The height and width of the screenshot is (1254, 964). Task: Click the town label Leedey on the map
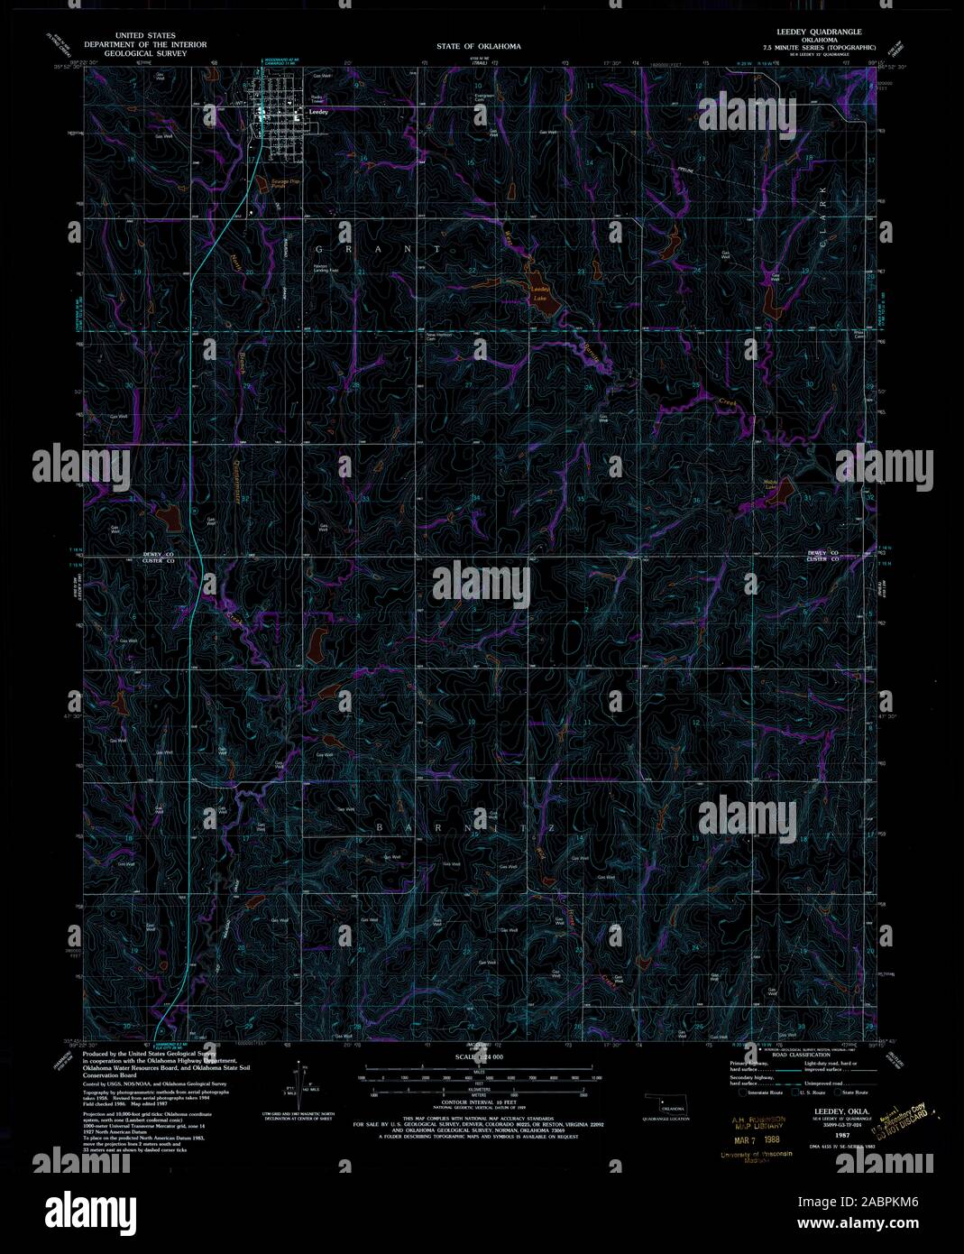[317, 111]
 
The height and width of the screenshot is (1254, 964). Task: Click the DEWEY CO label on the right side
[822, 552]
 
